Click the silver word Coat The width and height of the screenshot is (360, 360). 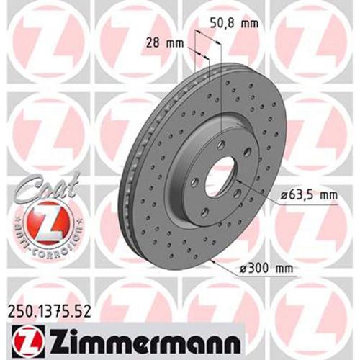pos(35,189)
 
